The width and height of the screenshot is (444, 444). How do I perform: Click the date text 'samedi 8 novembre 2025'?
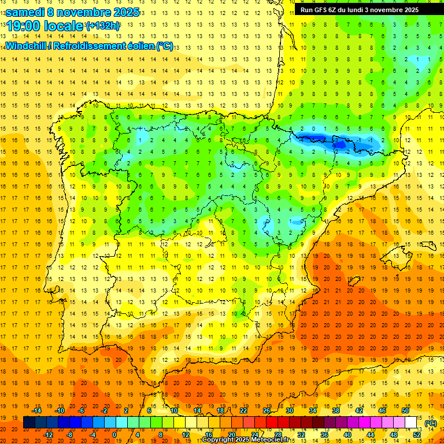(x=72, y=12)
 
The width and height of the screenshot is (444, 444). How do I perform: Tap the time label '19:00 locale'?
(x=45, y=26)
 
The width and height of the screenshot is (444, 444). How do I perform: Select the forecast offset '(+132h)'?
(x=103, y=26)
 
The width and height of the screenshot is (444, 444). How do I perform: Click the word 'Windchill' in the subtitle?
(x=27, y=46)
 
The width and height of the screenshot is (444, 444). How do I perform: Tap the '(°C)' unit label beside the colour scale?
(x=431, y=423)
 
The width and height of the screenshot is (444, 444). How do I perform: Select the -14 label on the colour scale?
(x=38, y=410)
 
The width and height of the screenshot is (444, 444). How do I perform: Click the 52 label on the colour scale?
(x=417, y=434)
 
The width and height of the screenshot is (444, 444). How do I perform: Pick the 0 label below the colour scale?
(x=114, y=434)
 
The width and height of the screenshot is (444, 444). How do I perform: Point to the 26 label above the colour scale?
(x=267, y=410)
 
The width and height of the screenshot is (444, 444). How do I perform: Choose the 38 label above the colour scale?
(x=335, y=410)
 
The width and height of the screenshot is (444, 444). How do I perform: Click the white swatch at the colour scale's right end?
(x=411, y=423)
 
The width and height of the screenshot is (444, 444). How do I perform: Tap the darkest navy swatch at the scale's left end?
(x=29, y=423)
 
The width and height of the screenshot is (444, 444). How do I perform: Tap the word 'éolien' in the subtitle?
(x=139, y=46)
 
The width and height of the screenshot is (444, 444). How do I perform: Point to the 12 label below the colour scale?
(x=186, y=434)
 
